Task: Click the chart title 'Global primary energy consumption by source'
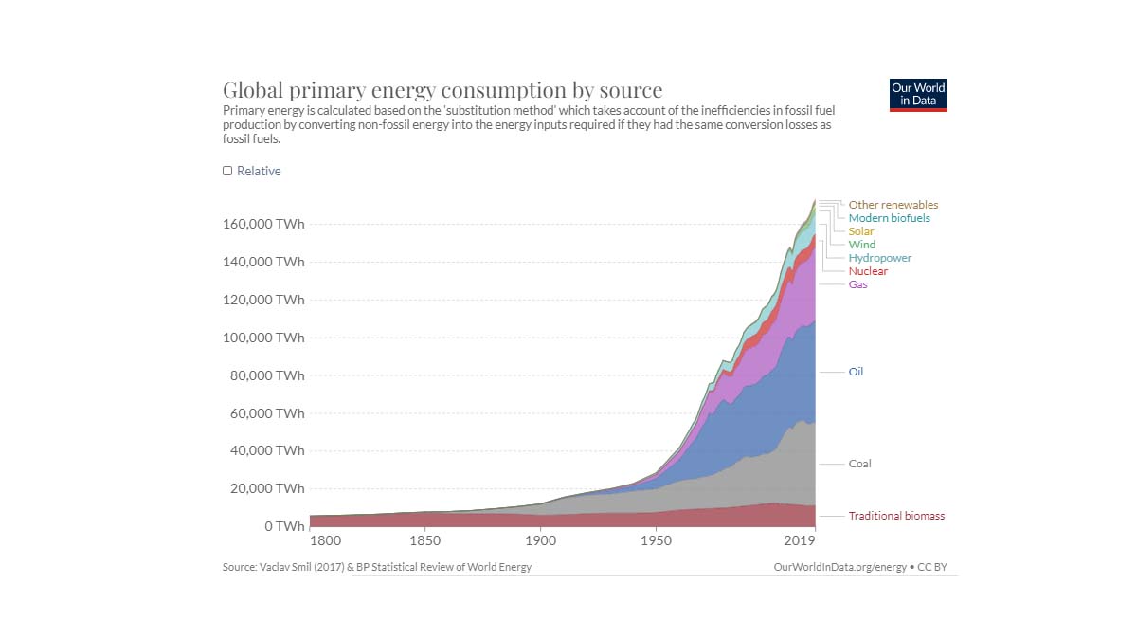pyautogui.click(x=442, y=90)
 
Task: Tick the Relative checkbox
pyautogui.click(x=227, y=171)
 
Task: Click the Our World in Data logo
pyautogui.click(x=918, y=95)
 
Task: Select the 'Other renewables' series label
pyautogui.click(x=893, y=205)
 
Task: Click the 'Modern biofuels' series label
pyautogui.click(x=889, y=218)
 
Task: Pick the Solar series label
pyautogui.click(x=860, y=231)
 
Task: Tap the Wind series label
pyautogui.click(x=861, y=245)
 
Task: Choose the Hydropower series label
pyautogui.click(x=879, y=258)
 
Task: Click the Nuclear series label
pyautogui.click(x=868, y=271)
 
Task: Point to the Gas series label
pyautogui.click(x=857, y=284)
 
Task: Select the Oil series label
pyautogui.click(x=856, y=372)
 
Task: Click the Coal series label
pyautogui.click(x=859, y=464)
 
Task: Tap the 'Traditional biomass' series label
pyautogui.click(x=896, y=516)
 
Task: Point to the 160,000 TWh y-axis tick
pyautogui.click(x=263, y=225)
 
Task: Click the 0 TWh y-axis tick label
pyautogui.click(x=284, y=526)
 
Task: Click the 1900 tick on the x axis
pyautogui.click(x=540, y=541)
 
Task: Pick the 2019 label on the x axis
pyautogui.click(x=800, y=541)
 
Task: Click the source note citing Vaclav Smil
pyautogui.click(x=376, y=567)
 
